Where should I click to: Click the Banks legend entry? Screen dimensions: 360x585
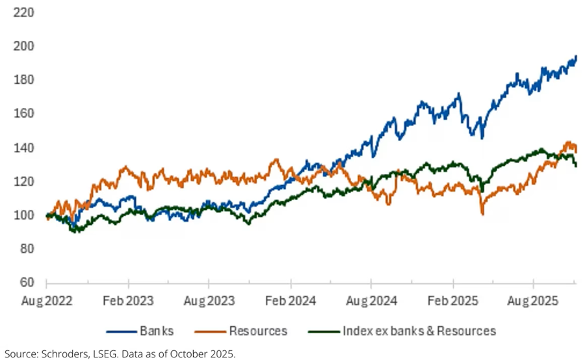(155, 331)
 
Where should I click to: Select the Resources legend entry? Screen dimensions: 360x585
(257, 331)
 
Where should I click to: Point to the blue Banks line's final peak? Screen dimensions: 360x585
(576, 57)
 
